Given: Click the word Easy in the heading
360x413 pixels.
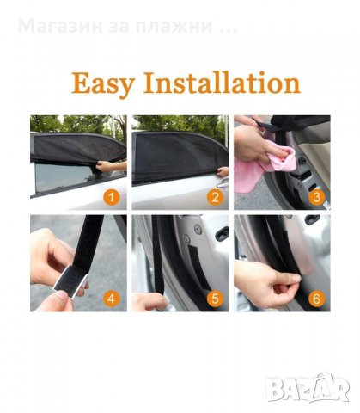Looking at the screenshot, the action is (x=102, y=83).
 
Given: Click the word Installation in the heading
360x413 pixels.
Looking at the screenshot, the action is (x=222, y=83).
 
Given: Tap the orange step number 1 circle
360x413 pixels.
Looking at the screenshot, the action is (x=111, y=197).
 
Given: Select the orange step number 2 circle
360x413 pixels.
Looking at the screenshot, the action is (x=215, y=197).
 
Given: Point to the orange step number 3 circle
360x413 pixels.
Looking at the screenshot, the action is (x=316, y=197).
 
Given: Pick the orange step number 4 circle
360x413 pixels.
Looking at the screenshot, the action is (x=111, y=299).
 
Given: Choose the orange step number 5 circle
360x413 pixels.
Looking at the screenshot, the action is (x=215, y=299).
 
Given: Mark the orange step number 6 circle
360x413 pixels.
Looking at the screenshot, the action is (x=316, y=299).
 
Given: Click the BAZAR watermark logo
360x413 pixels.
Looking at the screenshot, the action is (x=307, y=388).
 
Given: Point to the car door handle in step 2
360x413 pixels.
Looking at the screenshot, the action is (x=223, y=183).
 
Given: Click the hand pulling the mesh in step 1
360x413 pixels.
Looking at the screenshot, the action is (x=110, y=166).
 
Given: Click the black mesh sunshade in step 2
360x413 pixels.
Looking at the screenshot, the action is (x=177, y=157).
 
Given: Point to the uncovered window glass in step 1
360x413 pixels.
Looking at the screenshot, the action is (x=65, y=177).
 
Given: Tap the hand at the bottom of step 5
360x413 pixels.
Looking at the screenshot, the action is (x=149, y=302).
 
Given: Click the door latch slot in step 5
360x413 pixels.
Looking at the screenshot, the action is (x=222, y=233).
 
